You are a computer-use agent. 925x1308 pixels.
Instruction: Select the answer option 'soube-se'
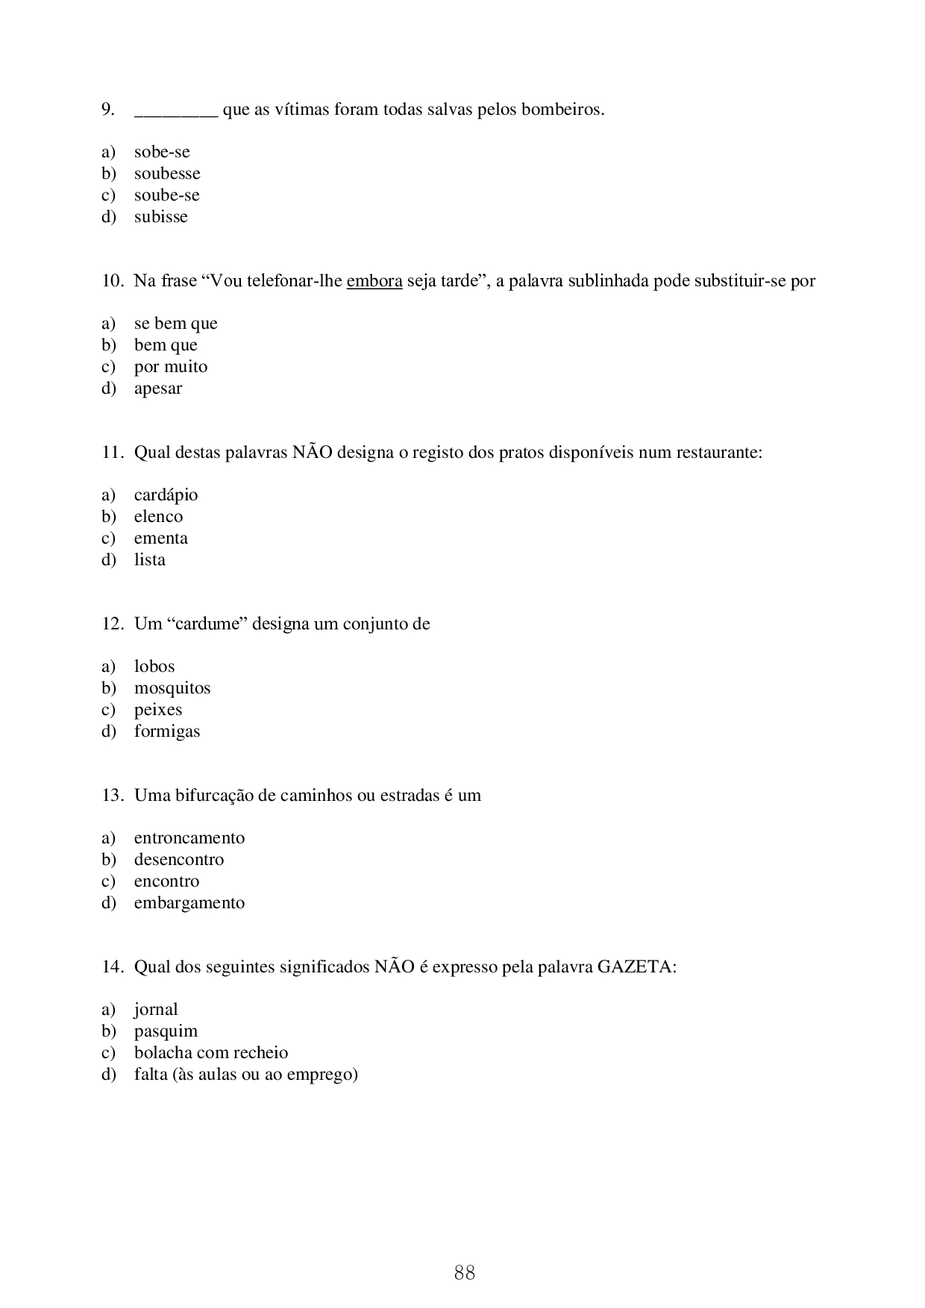pyautogui.click(x=166, y=195)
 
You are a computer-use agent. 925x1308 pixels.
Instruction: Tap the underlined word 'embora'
pyautogui.click(x=374, y=281)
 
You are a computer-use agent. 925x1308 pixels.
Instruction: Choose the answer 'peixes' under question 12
pyautogui.click(x=157, y=710)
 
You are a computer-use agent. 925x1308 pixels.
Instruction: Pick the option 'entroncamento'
pyautogui.click(x=189, y=838)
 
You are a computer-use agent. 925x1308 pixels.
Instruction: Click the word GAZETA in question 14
pyautogui.click(x=634, y=967)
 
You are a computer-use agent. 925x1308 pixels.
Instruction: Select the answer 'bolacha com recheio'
pyautogui.click(x=210, y=1053)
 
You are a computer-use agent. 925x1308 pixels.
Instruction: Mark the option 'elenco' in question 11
pyautogui.click(x=158, y=517)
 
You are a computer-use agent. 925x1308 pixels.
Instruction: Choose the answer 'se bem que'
pyautogui.click(x=175, y=324)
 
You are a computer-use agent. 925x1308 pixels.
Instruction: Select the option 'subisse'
pyautogui.click(x=160, y=217)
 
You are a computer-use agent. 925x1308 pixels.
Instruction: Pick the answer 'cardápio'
pyautogui.click(x=166, y=495)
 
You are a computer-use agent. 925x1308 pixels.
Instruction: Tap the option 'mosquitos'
pyautogui.click(x=172, y=688)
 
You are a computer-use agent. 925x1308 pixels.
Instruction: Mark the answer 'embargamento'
pyautogui.click(x=189, y=903)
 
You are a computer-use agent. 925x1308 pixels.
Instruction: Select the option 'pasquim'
pyautogui.click(x=166, y=1031)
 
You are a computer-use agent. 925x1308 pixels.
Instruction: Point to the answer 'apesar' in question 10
pyautogui.click(x=157, y=389)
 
